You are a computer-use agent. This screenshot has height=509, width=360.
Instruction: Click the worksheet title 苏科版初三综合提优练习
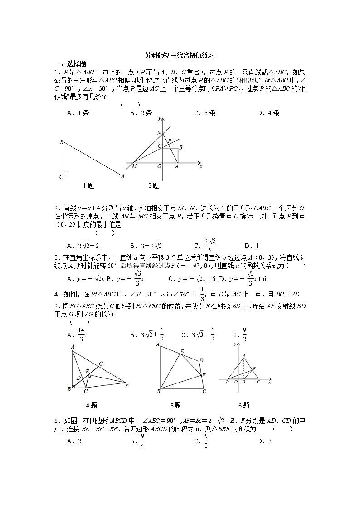[x=180, y=56]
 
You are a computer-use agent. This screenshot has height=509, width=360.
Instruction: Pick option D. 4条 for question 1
[x=268, y=113]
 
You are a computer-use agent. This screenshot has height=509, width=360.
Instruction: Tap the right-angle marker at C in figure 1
[x=66, y=173]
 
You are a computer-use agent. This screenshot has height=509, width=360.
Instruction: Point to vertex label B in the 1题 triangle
[x=61, y=142]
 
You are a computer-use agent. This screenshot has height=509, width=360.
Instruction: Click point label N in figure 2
[x=159, y=133]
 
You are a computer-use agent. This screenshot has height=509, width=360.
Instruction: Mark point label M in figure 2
[x=134, y=167]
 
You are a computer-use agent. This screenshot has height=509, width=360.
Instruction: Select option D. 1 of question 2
[x=251, y=246]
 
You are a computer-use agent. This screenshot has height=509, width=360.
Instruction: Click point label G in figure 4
[x=101, y=364]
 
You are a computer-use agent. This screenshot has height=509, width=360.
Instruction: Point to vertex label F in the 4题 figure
[x=127, y=385]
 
